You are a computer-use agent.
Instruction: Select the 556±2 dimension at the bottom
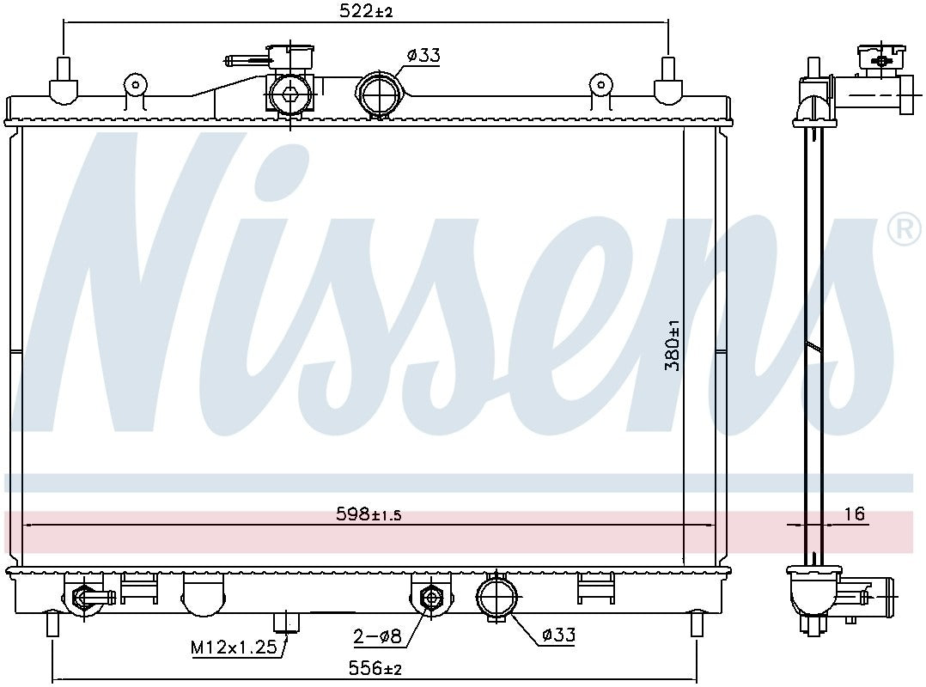(375, 667)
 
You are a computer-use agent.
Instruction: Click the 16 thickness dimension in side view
(854, 514)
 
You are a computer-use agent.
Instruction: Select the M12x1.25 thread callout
(235, 647)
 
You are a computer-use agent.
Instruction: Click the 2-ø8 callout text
(376, 636)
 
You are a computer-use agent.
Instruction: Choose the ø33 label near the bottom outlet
(557, 635)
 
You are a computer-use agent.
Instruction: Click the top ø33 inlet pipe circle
(378, 94)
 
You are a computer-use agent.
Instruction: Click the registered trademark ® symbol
(905, 230)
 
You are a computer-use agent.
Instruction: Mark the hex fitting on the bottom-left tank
(84, 596)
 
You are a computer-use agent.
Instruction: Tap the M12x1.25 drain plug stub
(284, 623)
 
